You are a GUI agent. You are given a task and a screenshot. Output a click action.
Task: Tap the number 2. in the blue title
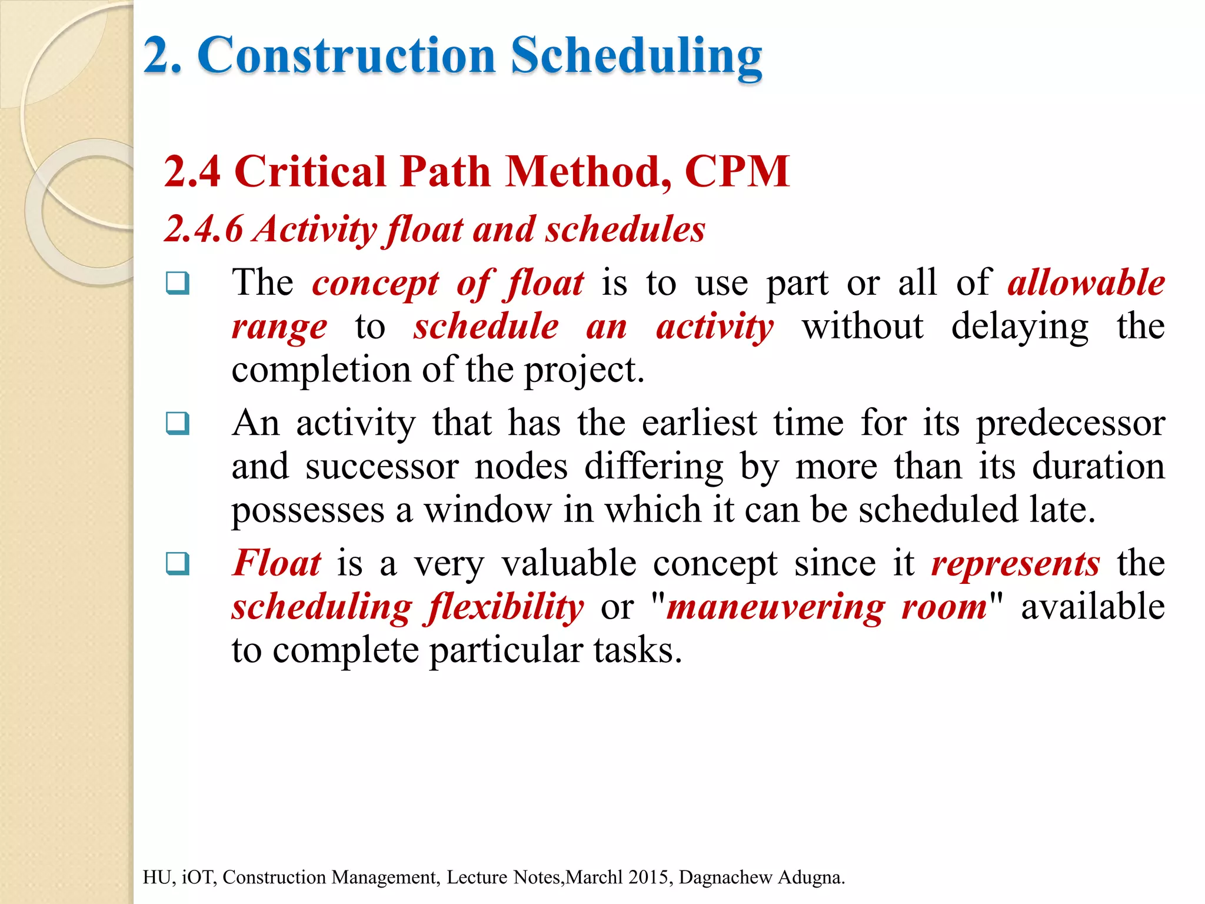162,56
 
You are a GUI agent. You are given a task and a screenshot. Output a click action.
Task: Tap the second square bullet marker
178,423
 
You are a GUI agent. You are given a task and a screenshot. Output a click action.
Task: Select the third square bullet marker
178,563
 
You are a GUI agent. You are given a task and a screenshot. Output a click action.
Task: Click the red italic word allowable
1086,283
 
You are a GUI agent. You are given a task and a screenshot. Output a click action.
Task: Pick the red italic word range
279,327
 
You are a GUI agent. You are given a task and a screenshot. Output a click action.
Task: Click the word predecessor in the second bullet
1070,424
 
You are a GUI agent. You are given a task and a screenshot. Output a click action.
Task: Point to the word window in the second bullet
488,510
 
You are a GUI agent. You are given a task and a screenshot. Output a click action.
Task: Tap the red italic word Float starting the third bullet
277,563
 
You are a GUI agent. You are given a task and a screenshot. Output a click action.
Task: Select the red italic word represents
1015,563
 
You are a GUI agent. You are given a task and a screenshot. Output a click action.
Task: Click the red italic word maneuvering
775,607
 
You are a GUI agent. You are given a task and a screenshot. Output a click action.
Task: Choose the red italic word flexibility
506,607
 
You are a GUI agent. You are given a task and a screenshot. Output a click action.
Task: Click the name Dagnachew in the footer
725,877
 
